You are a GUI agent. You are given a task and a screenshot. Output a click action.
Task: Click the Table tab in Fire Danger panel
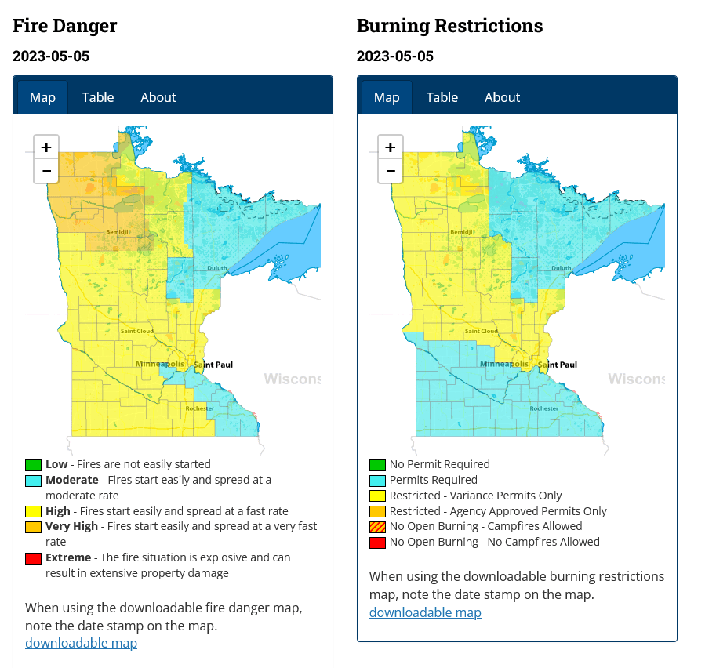pyautogui.click(x=98, y=97)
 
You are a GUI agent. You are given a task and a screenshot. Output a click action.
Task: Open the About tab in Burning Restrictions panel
pyautogui.click(x=502, y=97)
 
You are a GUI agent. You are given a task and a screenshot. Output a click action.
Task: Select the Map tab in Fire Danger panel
pyautogui.click(x=42, y=97)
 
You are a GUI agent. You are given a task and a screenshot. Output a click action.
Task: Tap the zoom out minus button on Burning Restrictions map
pyautogui.click(x=390, y=170)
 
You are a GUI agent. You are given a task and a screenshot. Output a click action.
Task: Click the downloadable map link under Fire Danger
pyautogui.click(x=81, y=643)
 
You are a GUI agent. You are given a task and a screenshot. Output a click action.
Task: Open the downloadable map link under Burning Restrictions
pyautogui.click(x=425, y=612)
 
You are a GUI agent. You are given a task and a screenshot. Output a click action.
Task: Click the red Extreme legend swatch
pyautogui.click(x=33, y=558)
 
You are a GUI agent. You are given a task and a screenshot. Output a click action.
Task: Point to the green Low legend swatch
pyautogui.click(x=33, y=465)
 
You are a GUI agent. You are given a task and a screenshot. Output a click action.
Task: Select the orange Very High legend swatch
pyautogui.click(x=33, y=527)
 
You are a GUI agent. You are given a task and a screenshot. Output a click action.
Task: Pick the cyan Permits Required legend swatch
pyautogui.click(x=377, y=481)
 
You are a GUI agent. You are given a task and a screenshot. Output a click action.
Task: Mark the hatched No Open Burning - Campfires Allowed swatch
pyautogui.click(x=377, y=527)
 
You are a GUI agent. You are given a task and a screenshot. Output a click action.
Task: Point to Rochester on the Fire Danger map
pyautogui.click(x=199, y=408)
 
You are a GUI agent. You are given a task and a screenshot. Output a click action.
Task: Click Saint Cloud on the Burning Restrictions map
pyautogui.click(x=481, y=331)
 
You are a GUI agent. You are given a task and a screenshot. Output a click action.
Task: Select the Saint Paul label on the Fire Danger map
pyautogui.click(x=213, y=365)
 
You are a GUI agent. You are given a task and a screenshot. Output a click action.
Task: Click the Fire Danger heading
pyautogui.click(x=65, y=26)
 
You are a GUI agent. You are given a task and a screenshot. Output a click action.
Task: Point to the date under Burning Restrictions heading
pyautogui.click(x=394, y=56)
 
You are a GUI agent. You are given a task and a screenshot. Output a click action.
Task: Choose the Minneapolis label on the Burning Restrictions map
pyautogui.click(x=504, y=365)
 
